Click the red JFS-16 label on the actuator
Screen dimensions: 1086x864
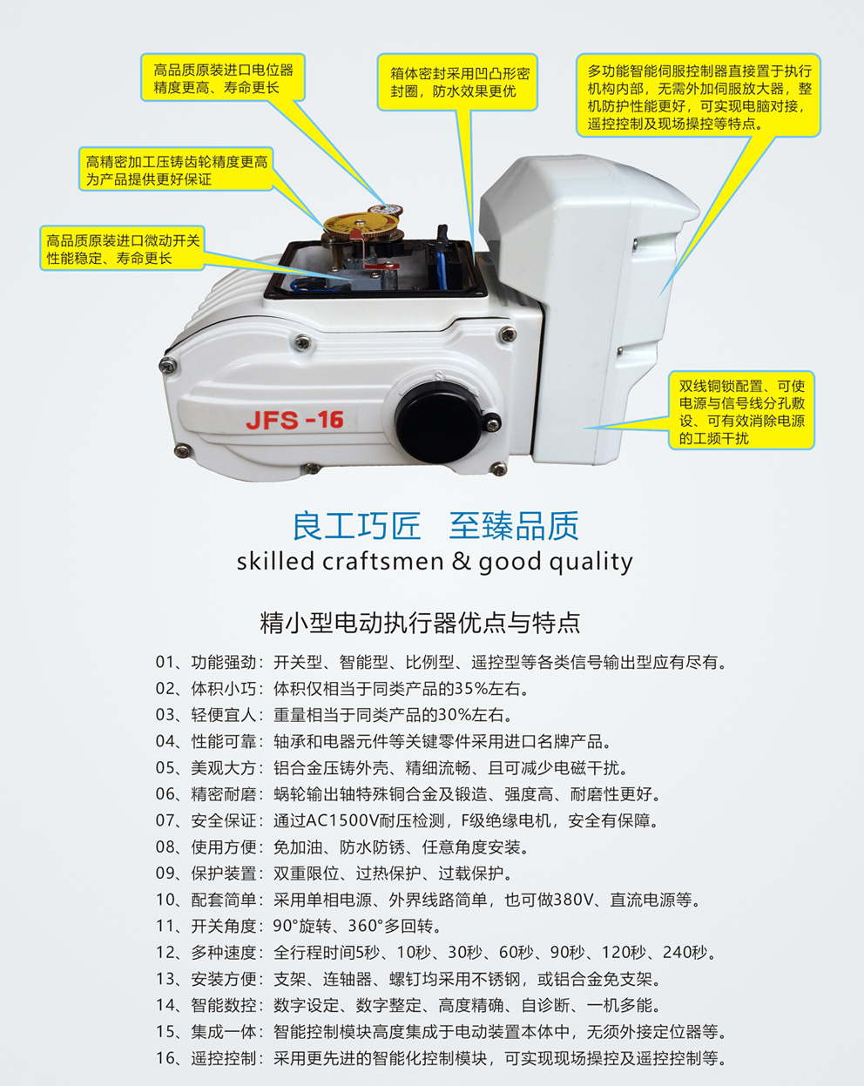[x=294, y=420]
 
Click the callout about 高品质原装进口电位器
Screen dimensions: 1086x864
[x=223, y=78]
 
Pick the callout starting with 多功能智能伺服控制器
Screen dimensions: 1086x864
[x=699, y=96]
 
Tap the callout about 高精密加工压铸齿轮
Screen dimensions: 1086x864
[x=176, y=170]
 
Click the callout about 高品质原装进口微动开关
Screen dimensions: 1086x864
[x=123, y=249]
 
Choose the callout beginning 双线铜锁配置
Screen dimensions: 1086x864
[x=741, y=411]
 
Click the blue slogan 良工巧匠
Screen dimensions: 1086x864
[x=356, y=526]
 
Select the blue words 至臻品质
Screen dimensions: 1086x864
[x=514, y=526]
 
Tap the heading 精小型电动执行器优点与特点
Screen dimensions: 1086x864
[x=420, y=623]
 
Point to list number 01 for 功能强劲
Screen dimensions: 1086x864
[x=166, y=663]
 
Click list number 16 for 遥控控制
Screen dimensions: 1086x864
[x=166, y=1058]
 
